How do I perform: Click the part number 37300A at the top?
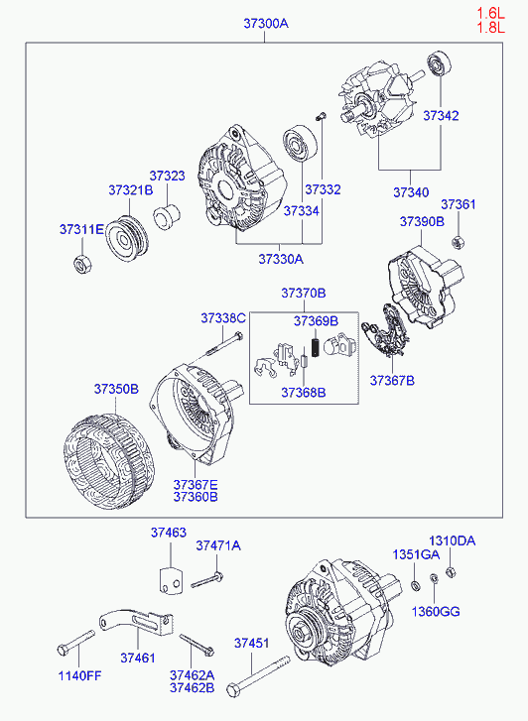coord(266,24)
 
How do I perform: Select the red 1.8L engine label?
coord(490,28)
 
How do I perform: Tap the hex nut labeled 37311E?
coord(82,264)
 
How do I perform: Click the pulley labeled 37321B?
coord(126,238)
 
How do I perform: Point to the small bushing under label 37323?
coord(167,216)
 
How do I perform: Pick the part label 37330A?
coord(281,259)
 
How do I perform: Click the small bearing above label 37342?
coord(439,63)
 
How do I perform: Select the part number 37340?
coord(411,192)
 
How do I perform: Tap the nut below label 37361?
coord(458,242)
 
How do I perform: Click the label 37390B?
coord(422,221)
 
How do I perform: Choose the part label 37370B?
coord(304,293)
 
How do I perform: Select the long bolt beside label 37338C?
coord(222,344)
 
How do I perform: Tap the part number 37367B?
coord(392,381)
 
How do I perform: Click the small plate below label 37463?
coord(171,581)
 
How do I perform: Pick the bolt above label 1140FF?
coord(75,643)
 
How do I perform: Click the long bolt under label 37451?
coord(258,676)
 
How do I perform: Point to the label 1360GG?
coord(436,612)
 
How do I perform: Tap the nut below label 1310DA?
coord(451,572)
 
